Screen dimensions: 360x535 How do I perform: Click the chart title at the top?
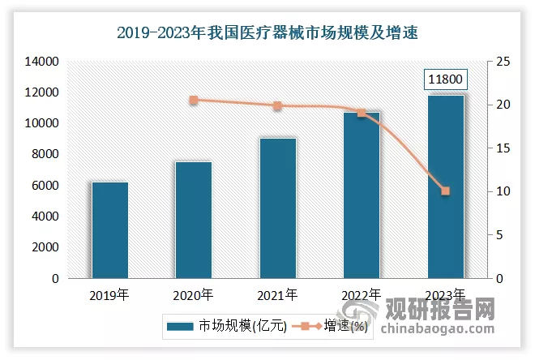[267, 33]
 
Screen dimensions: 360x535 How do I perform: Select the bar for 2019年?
[110, 230]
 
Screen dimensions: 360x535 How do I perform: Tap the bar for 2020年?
[194, 220]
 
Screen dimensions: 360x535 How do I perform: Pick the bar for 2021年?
[277, 208]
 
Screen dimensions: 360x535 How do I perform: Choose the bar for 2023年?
[445, 186]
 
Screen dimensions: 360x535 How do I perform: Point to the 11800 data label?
[445, 79]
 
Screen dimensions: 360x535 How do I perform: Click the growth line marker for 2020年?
[194, 100]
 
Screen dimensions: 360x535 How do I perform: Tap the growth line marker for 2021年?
[277, 105]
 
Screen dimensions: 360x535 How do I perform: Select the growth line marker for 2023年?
[445, 191]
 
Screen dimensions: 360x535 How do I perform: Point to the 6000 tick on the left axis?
[44, 186]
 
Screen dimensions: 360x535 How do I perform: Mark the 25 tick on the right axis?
[504, 62]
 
